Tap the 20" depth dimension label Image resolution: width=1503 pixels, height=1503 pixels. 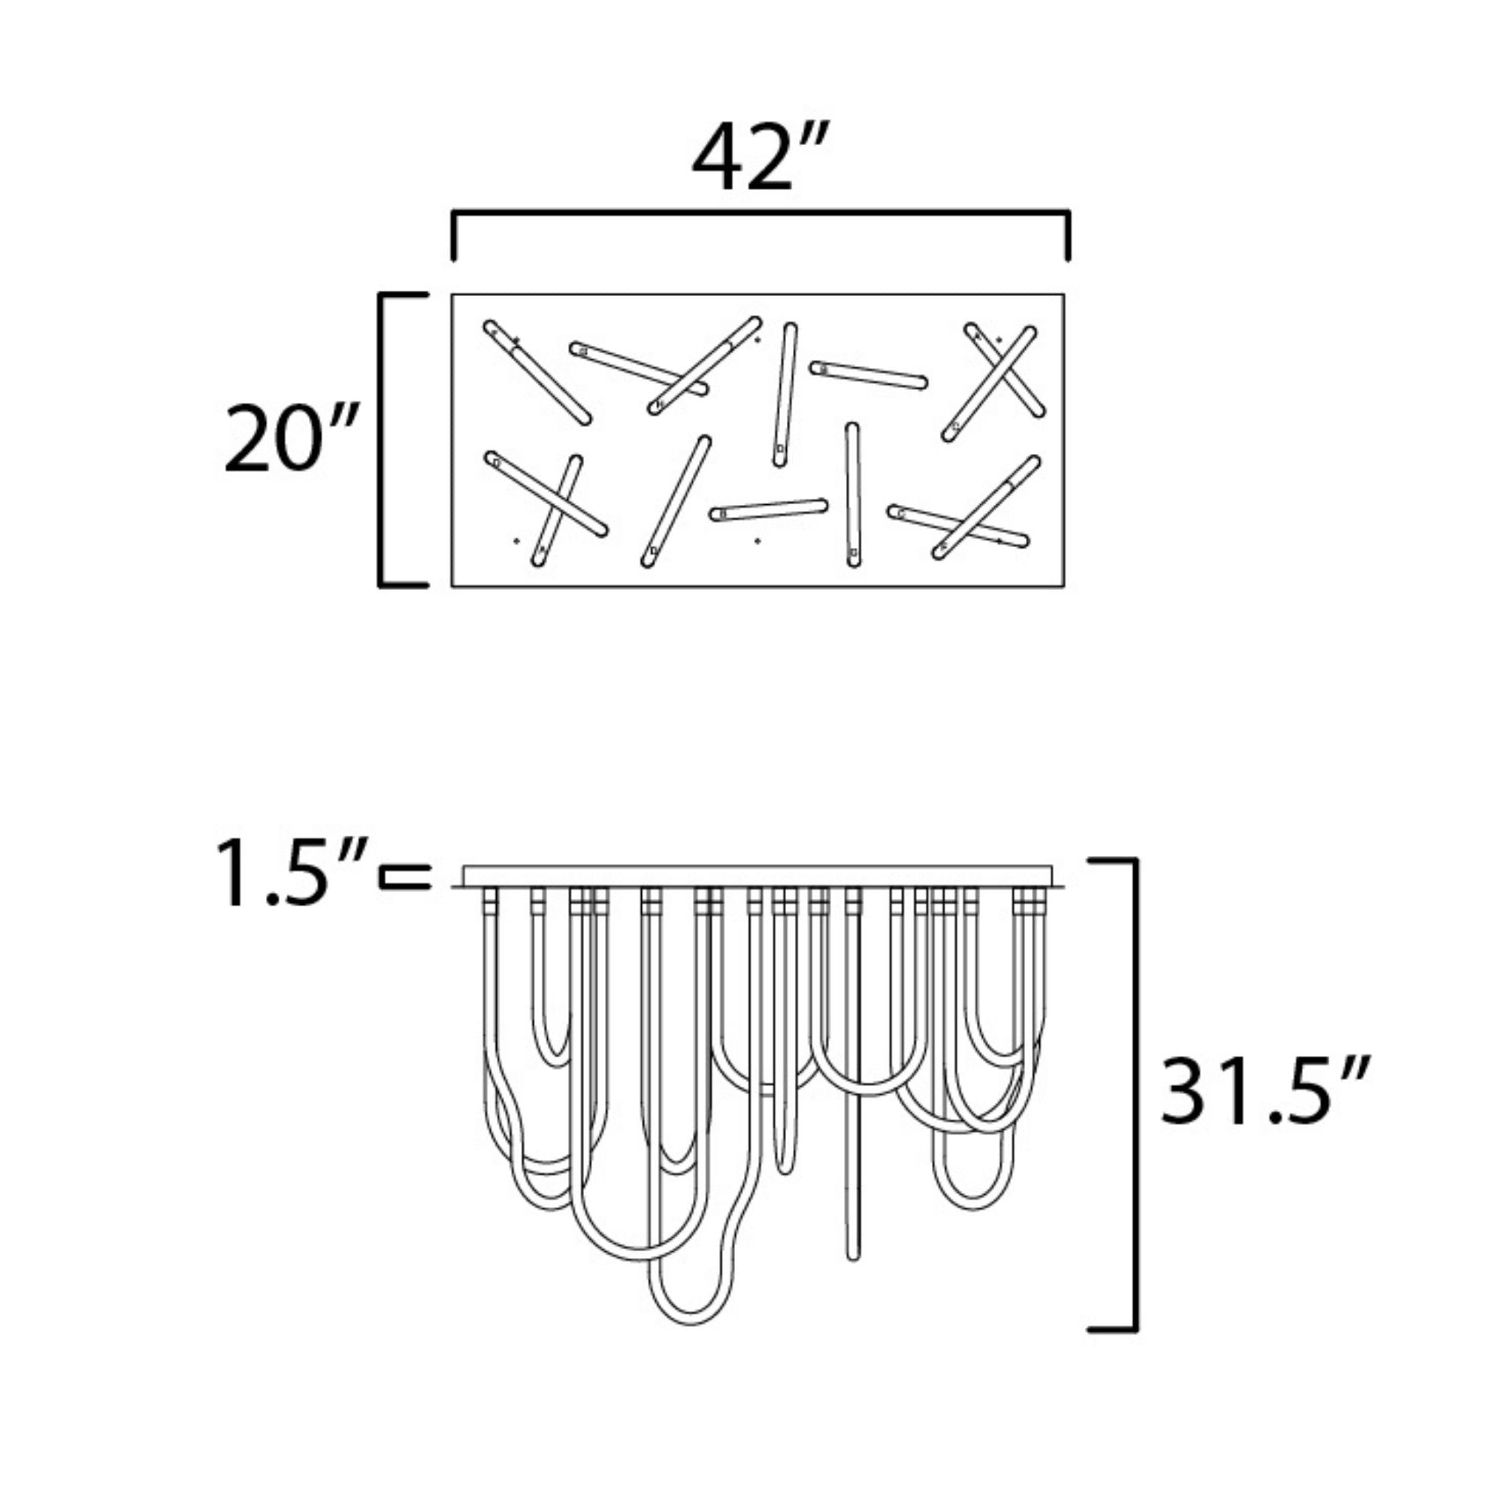coord(291,439)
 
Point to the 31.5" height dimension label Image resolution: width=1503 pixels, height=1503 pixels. coord(1265,1090)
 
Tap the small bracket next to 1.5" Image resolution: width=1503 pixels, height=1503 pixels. coord(404,877)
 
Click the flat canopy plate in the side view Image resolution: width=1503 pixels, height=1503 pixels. coord(758,877)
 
